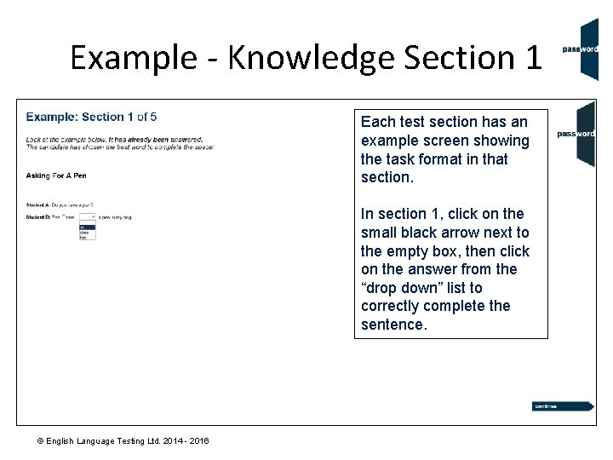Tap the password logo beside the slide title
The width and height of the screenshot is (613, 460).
click(x=583, y=49)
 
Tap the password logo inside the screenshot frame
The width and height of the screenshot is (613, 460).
click(x=577, y=134)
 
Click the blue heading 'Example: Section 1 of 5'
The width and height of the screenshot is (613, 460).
click(x=91, y=117)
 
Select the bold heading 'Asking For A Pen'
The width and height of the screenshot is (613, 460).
click(x=56, y=175)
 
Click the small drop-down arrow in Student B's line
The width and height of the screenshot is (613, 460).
click(x=92, y=217)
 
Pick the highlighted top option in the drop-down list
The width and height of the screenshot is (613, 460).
click(x=87, y=226)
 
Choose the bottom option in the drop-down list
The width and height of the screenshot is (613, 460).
click(x=87, y=238)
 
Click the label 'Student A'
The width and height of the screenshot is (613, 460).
click(x=37, y=205)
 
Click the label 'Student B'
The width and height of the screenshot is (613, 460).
click(x=37, y=217)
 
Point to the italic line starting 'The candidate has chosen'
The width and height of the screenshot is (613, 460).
click(x=120, y=147)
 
